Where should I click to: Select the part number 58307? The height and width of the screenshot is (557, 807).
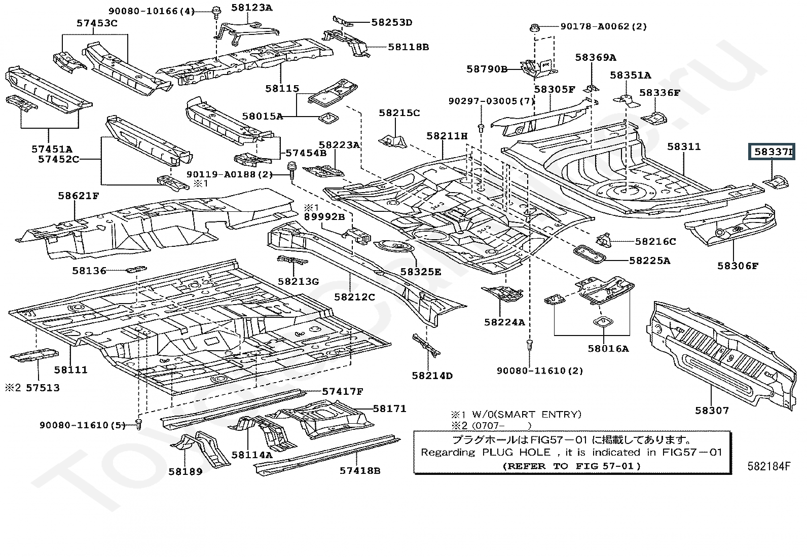pyautogui.click(x=712, y=410)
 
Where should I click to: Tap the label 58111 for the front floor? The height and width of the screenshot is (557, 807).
pyautogui.click(x=71, y=369)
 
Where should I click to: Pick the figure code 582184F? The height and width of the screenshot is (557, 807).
pyautogui.click(x=768, y=466)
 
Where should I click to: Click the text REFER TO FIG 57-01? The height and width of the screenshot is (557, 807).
pyautogui.click(x=572, y=466)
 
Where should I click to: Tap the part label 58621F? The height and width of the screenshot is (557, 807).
pyautogui.click(x=78, y=195)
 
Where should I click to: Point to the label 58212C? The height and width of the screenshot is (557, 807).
pyautogui.click(x=354, y=296)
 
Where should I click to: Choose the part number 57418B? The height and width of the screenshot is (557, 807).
pyautogui.click(x=360, y=470)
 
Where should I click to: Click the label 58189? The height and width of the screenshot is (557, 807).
pyautogui.click(x=186, y=471)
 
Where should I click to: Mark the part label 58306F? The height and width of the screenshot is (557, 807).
pyautogui.click(x=738, y=265)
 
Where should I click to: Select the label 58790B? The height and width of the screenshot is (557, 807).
pyautogui.click(x=487, y=68)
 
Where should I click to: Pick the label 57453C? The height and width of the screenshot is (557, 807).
pyautogui.click(x=97, y=23)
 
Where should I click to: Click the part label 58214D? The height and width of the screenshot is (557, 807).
pyautogui.click(x=432, y=376)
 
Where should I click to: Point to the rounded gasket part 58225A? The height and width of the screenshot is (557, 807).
pyautogui.click(x=590, y=254)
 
